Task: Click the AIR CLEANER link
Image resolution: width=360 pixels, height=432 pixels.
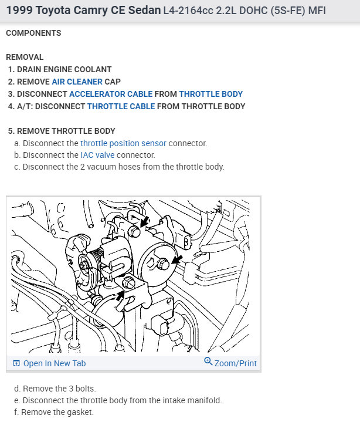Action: point(77,82)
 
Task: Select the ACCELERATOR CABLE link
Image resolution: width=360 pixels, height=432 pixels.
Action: point(111,94)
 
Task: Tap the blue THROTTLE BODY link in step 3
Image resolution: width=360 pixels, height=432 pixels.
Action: point(211,94)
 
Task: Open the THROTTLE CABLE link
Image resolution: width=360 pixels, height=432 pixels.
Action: point(121,106)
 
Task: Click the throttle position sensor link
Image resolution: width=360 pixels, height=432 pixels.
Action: point(123,143)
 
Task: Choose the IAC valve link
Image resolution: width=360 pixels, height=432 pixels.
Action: point(97,155)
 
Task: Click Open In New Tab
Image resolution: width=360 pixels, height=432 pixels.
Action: point(55,363)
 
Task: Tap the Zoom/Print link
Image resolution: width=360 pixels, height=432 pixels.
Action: point(235,363)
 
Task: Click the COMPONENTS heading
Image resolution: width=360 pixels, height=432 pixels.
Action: point(33,33)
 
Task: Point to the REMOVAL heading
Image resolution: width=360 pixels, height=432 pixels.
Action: point(25,57)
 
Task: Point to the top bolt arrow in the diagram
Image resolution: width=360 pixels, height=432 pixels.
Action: point(145,221)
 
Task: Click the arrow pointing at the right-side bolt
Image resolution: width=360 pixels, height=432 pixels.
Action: point(177,259)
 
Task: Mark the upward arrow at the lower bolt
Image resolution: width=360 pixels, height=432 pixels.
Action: point(120,296)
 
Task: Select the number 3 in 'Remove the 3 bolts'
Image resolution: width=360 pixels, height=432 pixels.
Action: point(71,389)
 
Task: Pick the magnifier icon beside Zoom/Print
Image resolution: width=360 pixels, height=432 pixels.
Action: point(208,361)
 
